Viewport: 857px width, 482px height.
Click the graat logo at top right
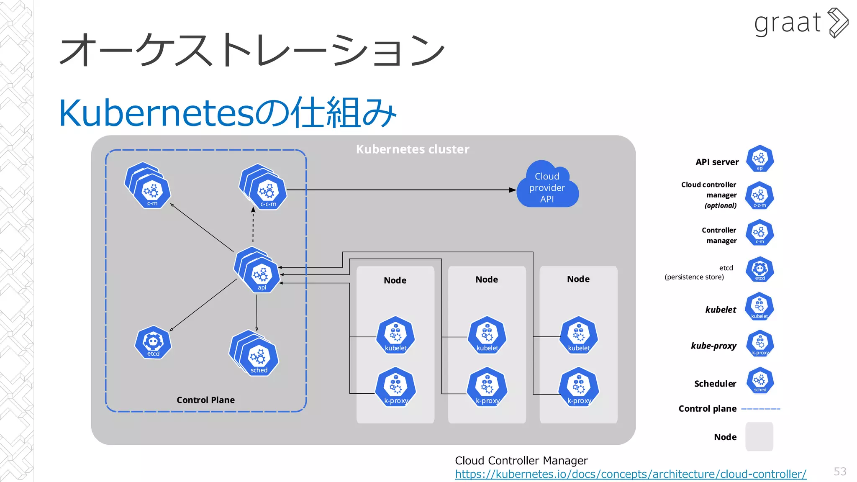800,23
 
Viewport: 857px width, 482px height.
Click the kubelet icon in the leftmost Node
395,335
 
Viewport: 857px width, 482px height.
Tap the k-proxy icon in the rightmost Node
579,387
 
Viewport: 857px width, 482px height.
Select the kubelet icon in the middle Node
487,335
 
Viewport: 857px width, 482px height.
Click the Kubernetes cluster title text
412,149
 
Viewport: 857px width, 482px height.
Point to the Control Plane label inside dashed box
205,400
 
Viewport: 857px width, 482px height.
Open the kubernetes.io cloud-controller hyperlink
630,474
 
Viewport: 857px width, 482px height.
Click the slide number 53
839,472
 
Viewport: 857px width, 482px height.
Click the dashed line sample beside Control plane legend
760,409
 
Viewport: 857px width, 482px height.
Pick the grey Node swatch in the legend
759,436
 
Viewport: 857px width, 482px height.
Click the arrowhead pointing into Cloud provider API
513,190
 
